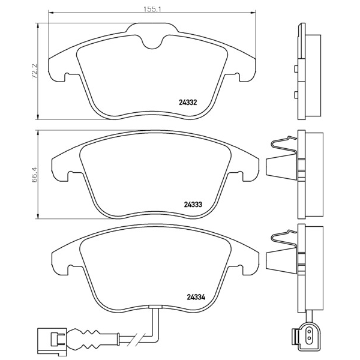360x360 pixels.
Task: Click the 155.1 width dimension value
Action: tap(153, 9)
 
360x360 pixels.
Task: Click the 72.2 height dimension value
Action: tap(34, 71)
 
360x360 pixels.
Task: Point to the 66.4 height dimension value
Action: tap(34, 175)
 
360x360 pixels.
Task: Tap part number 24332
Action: tap(188, 103)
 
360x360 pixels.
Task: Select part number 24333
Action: tap(193, 204)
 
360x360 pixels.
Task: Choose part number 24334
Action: tap(196, 298)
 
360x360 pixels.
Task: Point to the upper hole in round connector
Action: tap(309, 332)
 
